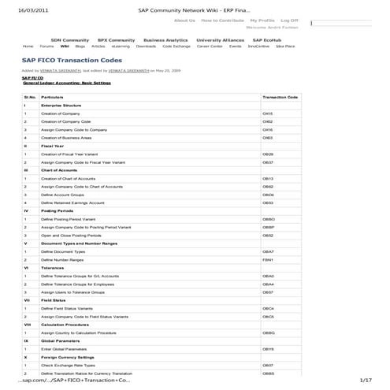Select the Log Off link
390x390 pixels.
(x=289, y=20)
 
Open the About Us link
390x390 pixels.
(x=184, y=20)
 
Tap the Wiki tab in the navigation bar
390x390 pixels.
(x=65, y=46)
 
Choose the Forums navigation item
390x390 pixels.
(x=47, y=46)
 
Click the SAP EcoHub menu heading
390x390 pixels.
(x=268, y=39)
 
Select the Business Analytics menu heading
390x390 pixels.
(x=165, y=39)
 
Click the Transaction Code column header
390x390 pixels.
(x=280, y=97)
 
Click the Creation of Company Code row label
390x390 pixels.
(x=66, y=122)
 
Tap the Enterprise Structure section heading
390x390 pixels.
(x=61, y=105)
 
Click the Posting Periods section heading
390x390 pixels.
(x=57, y=211)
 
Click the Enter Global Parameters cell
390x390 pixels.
(x=64, y=349)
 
